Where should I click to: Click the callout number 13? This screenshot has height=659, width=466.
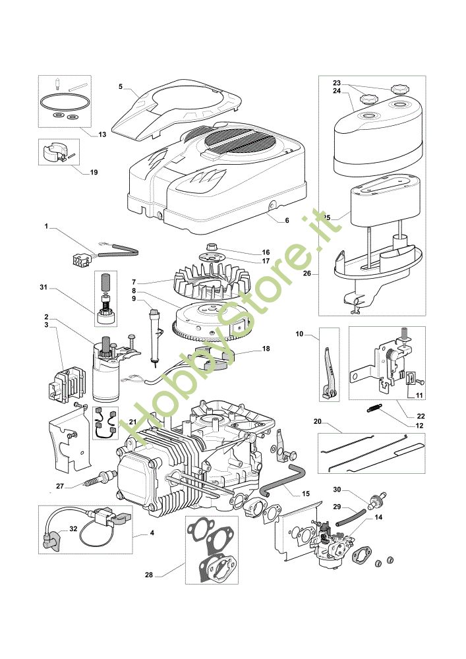(102, 134)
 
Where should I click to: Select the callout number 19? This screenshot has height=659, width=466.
(94, 172)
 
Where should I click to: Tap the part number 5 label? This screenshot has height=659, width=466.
(121, 86)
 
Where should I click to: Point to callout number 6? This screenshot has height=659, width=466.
(287, 221)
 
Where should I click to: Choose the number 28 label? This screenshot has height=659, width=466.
(148, 575)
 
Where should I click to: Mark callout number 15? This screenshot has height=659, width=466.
(305, 494)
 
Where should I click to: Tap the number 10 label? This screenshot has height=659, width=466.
(299, 335)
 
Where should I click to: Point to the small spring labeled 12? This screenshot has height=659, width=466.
(374, 409)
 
